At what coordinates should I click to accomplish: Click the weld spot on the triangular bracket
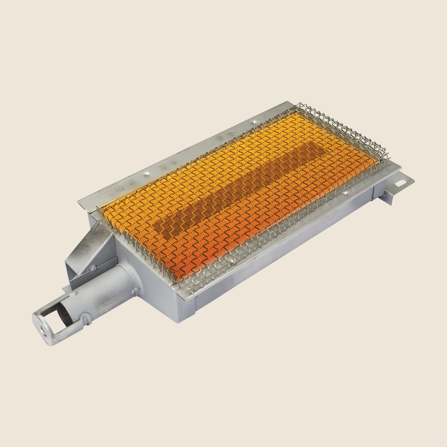(x=94, y=267)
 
